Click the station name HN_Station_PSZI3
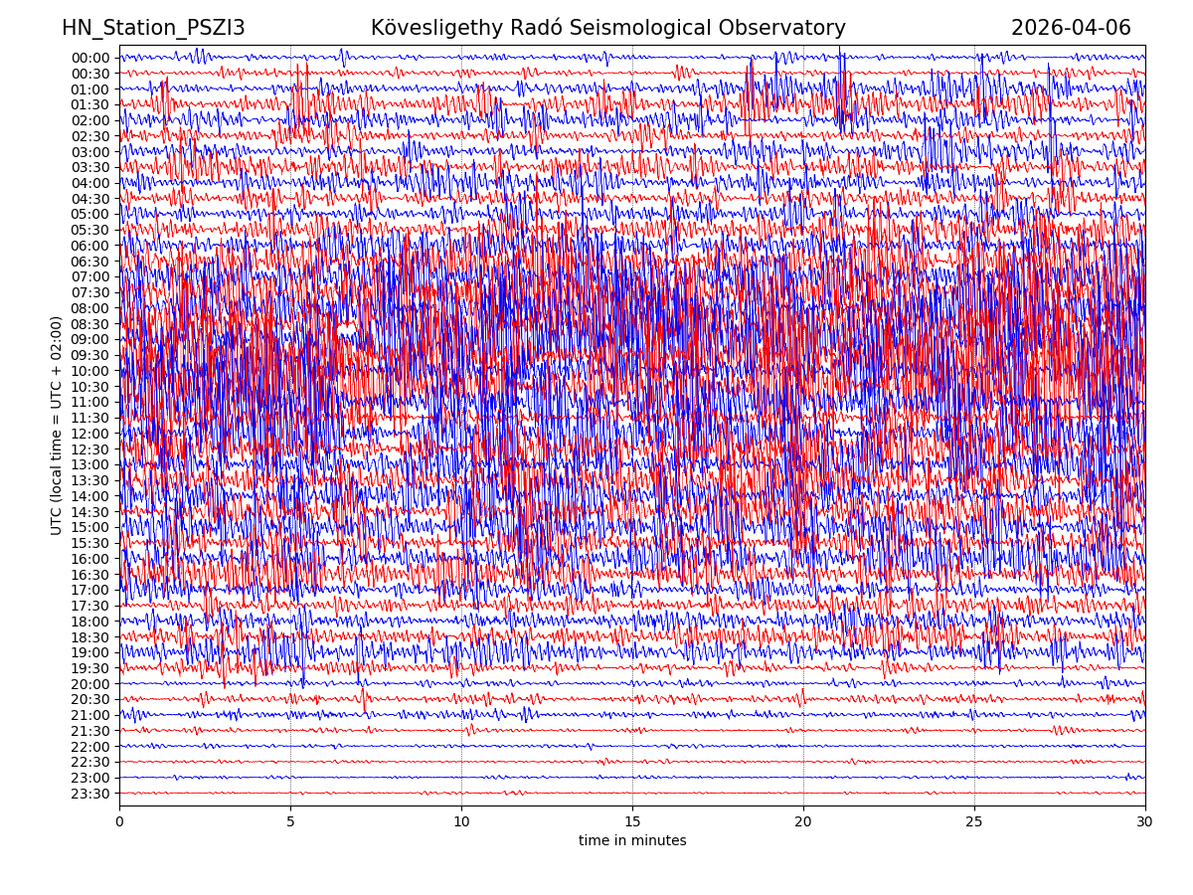(153, 28)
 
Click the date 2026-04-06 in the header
(1071, 28)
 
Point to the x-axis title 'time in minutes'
(632, 840)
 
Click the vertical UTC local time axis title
(57, 426)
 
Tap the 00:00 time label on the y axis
(90, 58)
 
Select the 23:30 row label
(90, 794)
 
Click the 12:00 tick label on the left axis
(90, 434)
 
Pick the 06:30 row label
(90, 262)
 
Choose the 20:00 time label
(90, 684)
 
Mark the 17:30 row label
(90, 606)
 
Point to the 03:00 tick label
(90, 152)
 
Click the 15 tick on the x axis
(632, 821)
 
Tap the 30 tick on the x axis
(1145, 821)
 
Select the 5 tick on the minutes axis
(290, 821)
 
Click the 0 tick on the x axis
(119, 821)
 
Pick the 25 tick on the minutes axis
(974, 821)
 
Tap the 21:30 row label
(90, 731)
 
